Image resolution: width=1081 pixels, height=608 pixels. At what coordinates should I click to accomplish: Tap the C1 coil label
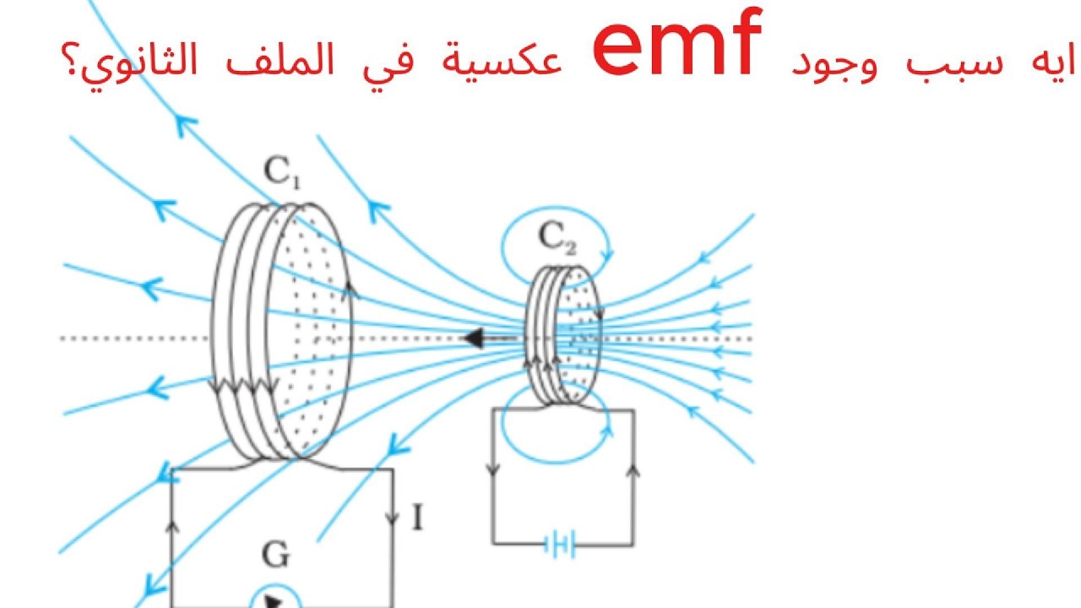click(x=282, y=172)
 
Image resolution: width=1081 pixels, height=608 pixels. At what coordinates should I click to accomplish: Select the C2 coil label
click(x=557, y=237)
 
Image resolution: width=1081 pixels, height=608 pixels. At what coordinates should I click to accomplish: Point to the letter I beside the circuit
click(x=418, y=517)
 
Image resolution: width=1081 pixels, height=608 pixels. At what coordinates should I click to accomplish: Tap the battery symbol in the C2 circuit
click(x=560, y=545)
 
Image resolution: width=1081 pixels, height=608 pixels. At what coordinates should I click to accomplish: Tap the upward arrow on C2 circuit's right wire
click(x=633, y=470)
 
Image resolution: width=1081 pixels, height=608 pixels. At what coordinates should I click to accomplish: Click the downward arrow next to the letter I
click(x=393, y=518)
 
